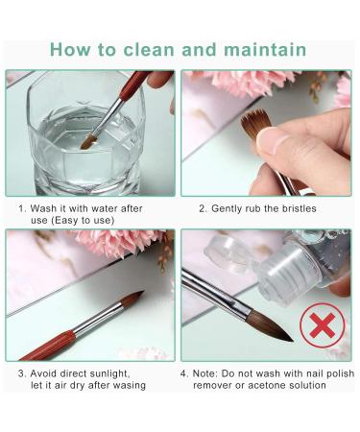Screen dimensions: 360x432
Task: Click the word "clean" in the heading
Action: (149, 50)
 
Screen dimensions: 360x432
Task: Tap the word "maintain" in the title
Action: (265, 50)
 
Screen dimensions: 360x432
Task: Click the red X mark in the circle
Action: (323, 325)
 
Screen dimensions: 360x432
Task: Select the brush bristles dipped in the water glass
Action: (88, 141)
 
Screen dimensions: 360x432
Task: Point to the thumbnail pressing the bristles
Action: (272, 141)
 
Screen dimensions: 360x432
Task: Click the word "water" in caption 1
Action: (104, 208)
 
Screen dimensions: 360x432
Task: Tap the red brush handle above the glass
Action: (133, 84)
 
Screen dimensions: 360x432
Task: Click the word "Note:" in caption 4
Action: (205, 373)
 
